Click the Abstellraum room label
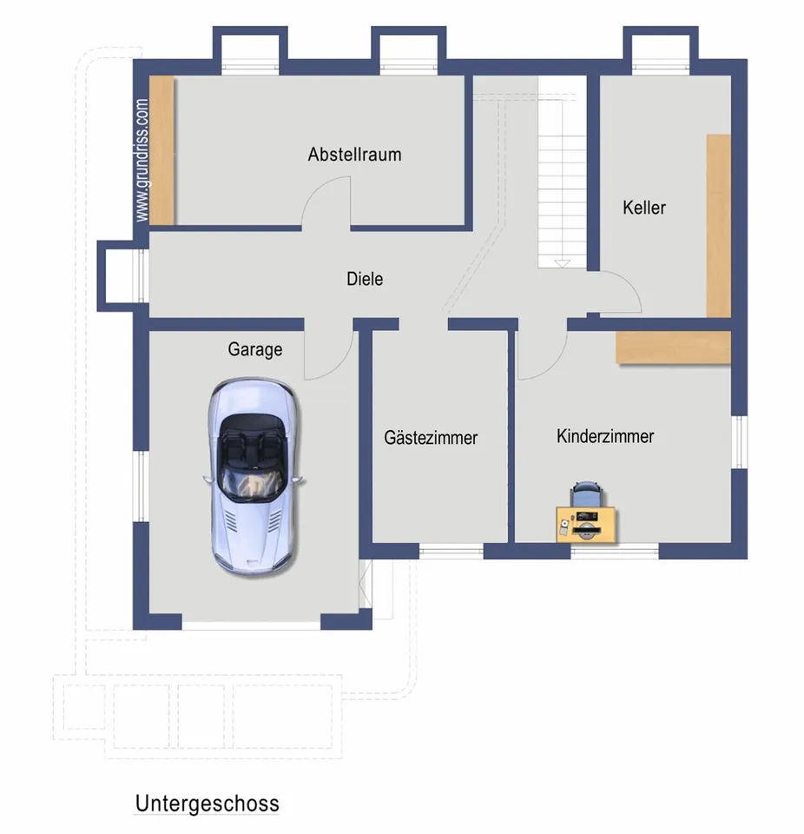pyautogui.click(x=354, y=155)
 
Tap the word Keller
pyautogui.click(x=644, y=208)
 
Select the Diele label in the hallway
pyautogui.click(x=365, y=279)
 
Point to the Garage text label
pyautogui.click(x=255, y=349)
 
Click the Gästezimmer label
pyautogui.click(x=431, y=438)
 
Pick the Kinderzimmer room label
pyautogui.click(x=605, y=436)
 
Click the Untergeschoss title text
pyautogui.click(x=208, y=804)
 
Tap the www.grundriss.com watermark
pyautogui.click(x=142, y=160)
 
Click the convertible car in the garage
pyautogui.click(x=254, y=477)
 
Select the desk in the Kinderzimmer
pyautogui.click(x=587, y=525)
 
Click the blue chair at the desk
pyautogui.click(x=586, y=494)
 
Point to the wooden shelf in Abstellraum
pyautogui.click(x=161, y=150)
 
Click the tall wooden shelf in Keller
pyautogui.click(x=718, y=226)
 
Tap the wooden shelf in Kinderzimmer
pyautogui.click(x=674, y=347)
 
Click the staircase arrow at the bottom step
pyautogui.click(x=562, y=264)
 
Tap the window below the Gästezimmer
pyautogui.click(x=451, y=552)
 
